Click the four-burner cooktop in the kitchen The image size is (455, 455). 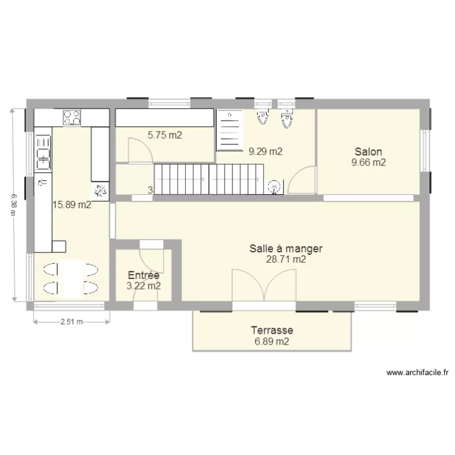pyautogui.click(x=72, y=116)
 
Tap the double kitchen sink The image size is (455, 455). pyautogui.click(x=42, y=152)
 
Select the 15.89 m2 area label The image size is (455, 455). pyautogui.click(x=72, y=205)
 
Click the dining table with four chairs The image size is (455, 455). pyautogui.click(x=72, y=278)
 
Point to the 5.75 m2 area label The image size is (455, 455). pyautogui.click(x=165, y=136)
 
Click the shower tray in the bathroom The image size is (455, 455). pyautogui.click(x=230, y=130)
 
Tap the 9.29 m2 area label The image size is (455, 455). pyautogui.click(x=265, y=152)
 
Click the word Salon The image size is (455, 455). pyautogui.click(x=369, y=151)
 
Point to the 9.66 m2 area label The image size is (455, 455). pyautogui.click(x=369, y=162)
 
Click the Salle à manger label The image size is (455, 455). pyautogui.click(x=286, y=248)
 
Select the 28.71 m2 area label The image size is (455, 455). pyautogui.click(x=286, y=259)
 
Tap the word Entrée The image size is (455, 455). pyautogui.click(x=143, y=275)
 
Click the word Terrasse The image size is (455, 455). pyautogui.click(x=272, y=331)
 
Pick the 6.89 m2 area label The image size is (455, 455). pyautogui.click(x=272, y=342)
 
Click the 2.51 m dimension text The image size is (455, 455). pyautogui.click(x=72, y=322)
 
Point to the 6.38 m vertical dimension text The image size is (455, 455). pyautogui.click(x=13, y=205)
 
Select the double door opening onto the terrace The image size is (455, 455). pyautogui.click(x=264, y=285)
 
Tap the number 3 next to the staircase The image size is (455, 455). pyautogui.click(x=150, y=190)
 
